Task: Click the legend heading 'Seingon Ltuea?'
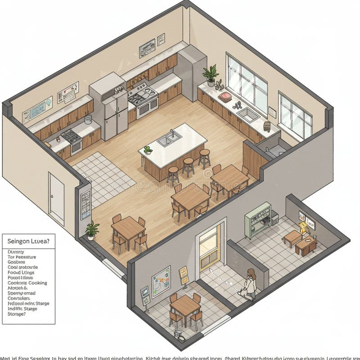point(29,241)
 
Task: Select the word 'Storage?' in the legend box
point(17,314)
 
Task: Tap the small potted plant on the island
point(148,150)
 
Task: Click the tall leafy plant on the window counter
point(210,74)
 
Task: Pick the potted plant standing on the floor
point(92,229)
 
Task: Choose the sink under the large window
point(248,114)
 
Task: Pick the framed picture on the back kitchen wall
point(147,48)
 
